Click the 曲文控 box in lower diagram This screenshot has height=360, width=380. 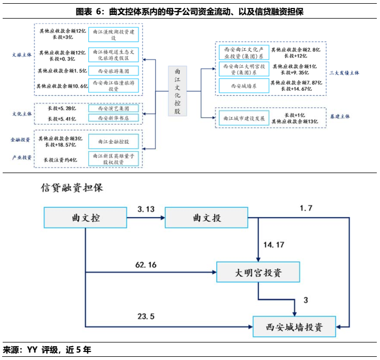point(86,218)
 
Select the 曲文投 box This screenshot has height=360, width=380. point(207,218)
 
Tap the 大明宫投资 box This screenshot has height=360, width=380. point(258,273)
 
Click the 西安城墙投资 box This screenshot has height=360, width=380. point(294,325)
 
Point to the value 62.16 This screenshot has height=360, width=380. point(147,264)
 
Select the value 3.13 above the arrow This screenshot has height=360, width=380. point(146,209)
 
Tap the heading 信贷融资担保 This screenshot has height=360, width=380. point(71,187)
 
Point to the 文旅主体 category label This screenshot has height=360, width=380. point(22,55)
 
